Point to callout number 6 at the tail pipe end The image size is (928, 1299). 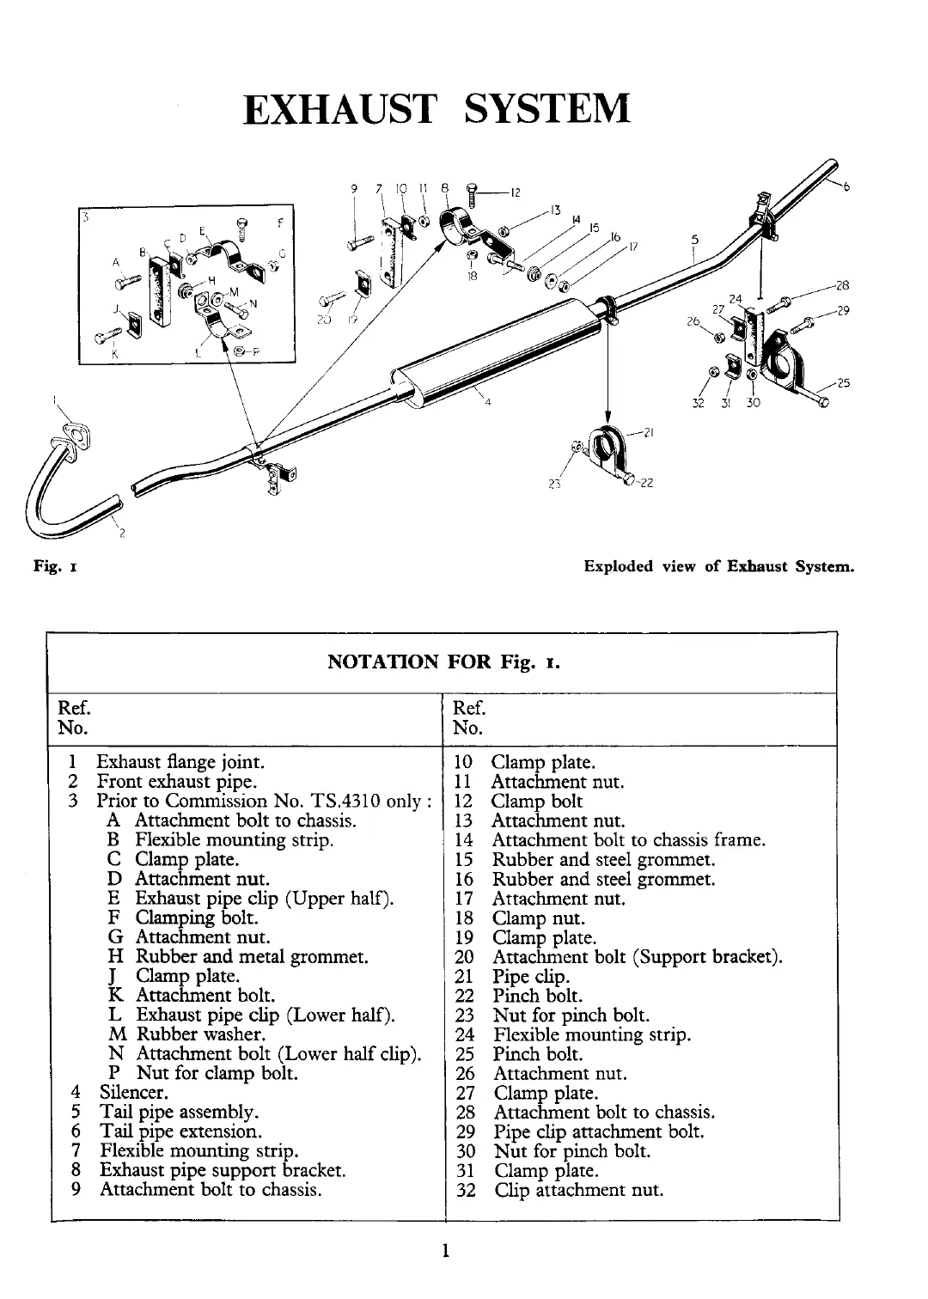pos(846,188)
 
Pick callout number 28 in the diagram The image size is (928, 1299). pos(842,285)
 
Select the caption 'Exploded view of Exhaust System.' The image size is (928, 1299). pos(718,567)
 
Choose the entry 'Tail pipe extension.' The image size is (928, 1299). pos(180,1131)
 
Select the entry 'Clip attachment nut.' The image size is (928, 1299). pos(578,1190)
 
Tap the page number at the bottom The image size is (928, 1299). pos(446,1251)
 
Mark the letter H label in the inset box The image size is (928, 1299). pos(211,281)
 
